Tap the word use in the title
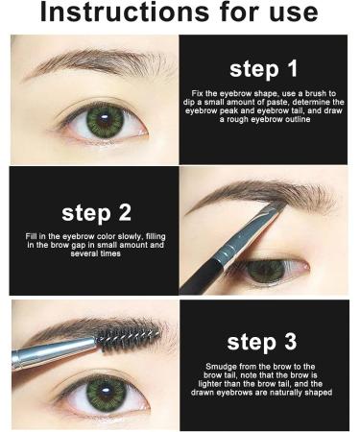[311, 15]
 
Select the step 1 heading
[263, 70]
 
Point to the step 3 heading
[263, 342]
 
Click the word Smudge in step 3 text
[225, 367]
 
